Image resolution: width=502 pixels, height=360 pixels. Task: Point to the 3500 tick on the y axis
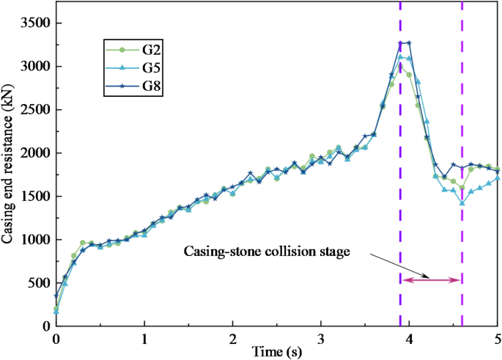point(34,23)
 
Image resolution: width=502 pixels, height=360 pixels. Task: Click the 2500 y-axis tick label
point(34,110)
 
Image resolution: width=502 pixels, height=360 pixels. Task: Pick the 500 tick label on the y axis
point(38,283)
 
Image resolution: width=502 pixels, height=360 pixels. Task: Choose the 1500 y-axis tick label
point(34,196)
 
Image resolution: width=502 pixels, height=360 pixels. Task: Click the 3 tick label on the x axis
point(321,339)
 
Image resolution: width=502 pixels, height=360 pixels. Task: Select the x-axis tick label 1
point(144,339)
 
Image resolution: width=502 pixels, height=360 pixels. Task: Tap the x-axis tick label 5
point(498,339)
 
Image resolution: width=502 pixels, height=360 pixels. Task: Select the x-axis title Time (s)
point(277,352)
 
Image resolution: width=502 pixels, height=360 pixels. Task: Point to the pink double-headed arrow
point(431,280)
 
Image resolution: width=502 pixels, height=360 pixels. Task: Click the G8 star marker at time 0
point(56,295)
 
